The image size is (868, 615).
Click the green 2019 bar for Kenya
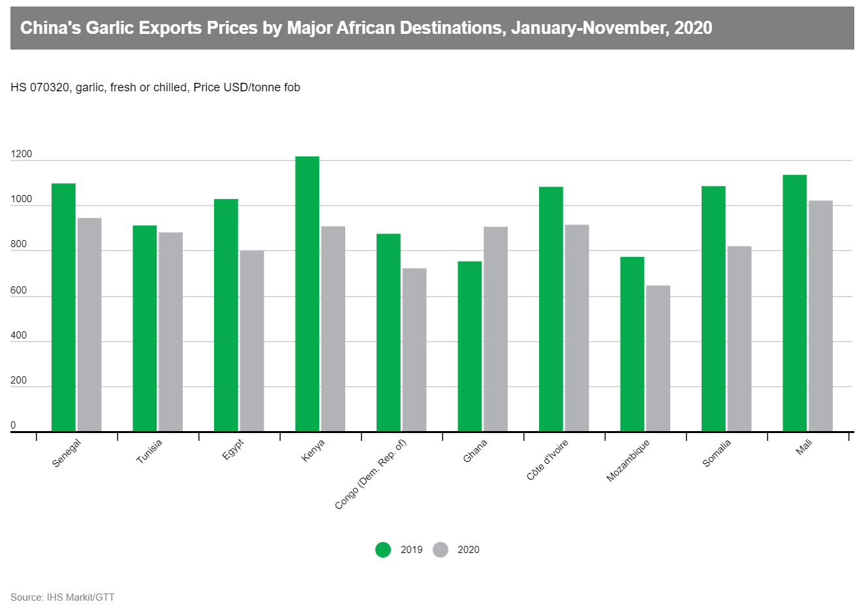307,293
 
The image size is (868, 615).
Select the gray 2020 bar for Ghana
495,329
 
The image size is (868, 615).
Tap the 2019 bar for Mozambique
632,344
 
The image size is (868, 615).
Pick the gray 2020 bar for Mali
820,316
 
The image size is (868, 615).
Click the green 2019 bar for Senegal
63,307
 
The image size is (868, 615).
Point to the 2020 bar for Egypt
251,340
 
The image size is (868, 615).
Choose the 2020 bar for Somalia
739,338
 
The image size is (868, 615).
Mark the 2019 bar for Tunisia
144,328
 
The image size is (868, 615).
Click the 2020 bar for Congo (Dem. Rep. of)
414,350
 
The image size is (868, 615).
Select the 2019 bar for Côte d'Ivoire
551,308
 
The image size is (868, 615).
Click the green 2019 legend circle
383,550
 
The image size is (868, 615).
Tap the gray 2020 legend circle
441,550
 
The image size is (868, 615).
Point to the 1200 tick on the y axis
22,155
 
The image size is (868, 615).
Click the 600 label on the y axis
19,291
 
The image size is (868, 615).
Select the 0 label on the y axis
13,426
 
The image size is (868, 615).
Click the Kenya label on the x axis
313,451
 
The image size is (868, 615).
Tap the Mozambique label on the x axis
628,460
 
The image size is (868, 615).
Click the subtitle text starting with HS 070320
155,87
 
